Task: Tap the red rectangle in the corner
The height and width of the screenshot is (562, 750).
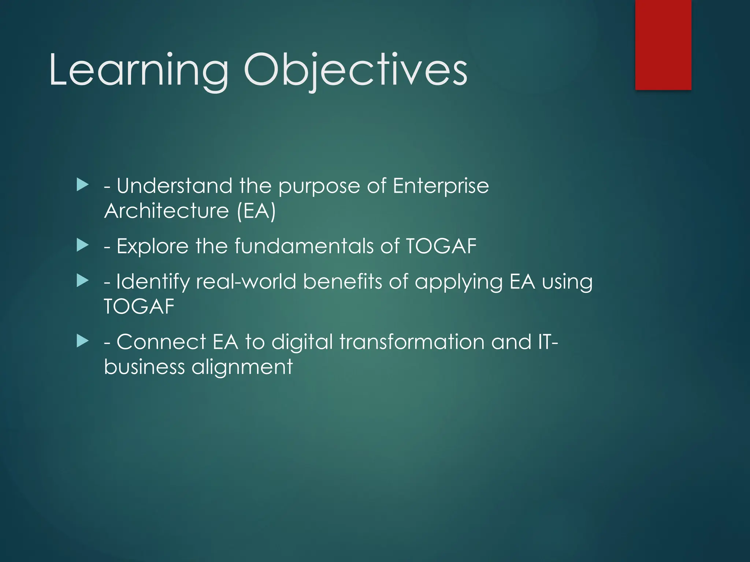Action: click(x=663, y=45)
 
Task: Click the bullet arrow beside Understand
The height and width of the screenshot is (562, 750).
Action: click(x=83, y=185)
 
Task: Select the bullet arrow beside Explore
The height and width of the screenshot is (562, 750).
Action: click(x=83, y=245)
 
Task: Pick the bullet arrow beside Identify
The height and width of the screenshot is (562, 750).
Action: click(x=83, y=281)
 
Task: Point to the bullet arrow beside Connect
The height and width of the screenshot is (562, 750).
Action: click(x=83, y=341)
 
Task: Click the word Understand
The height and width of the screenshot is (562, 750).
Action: click(x=174, y=186)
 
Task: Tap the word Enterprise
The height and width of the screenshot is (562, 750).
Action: click(x=441, y=186)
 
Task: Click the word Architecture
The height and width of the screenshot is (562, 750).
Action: click(x=167, y=211)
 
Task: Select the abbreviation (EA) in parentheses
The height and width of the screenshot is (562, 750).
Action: click(x=256, y=211)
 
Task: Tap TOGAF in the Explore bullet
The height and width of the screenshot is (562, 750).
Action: click(x=441, y=246)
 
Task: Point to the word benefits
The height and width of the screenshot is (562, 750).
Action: click(x=342, y=281)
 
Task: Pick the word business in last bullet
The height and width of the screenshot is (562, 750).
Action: click(x=144, y=367)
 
